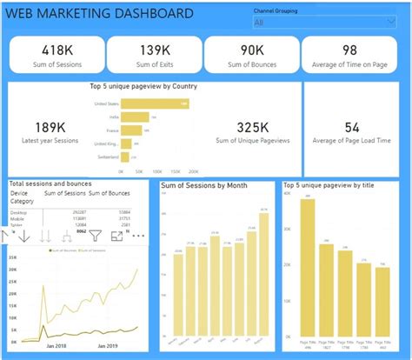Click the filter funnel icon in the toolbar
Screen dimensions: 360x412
point(95,235)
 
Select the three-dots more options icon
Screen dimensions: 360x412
point(137,235)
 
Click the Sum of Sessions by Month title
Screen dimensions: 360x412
point(203,186)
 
